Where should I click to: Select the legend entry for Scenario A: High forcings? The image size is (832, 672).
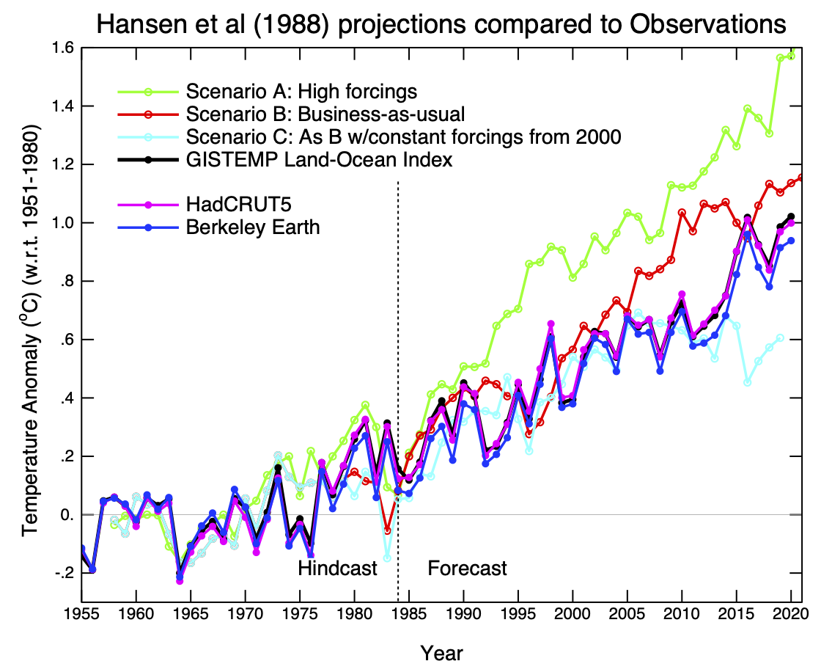[301, 92]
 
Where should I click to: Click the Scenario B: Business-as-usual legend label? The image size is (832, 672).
[325, 114]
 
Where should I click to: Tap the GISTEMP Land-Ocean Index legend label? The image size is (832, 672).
[319, 160]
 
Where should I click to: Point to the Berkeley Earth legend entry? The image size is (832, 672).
[253, 227]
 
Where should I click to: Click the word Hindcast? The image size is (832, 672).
[337, 568]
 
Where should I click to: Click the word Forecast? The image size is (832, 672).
[467, 568]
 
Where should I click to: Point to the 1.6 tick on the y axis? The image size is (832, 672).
[62, 48]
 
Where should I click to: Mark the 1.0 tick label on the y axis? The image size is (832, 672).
[62, 223]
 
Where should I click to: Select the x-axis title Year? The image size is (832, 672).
[441, 651]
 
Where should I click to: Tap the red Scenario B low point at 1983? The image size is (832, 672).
[387, 530]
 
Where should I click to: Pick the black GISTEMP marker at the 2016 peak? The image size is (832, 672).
[747, 218]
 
